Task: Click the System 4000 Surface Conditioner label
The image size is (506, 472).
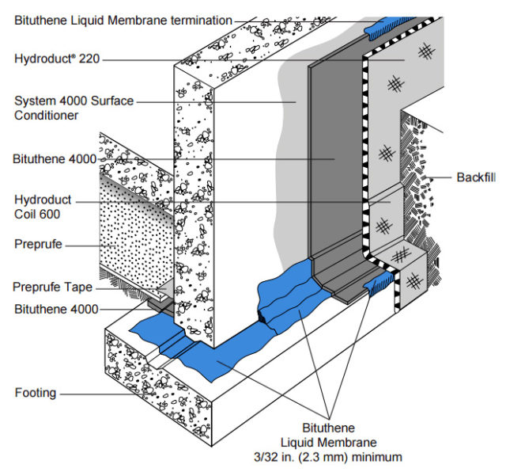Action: [x=74, y=108]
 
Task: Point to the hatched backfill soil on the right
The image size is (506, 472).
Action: [x=419, y=182]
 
